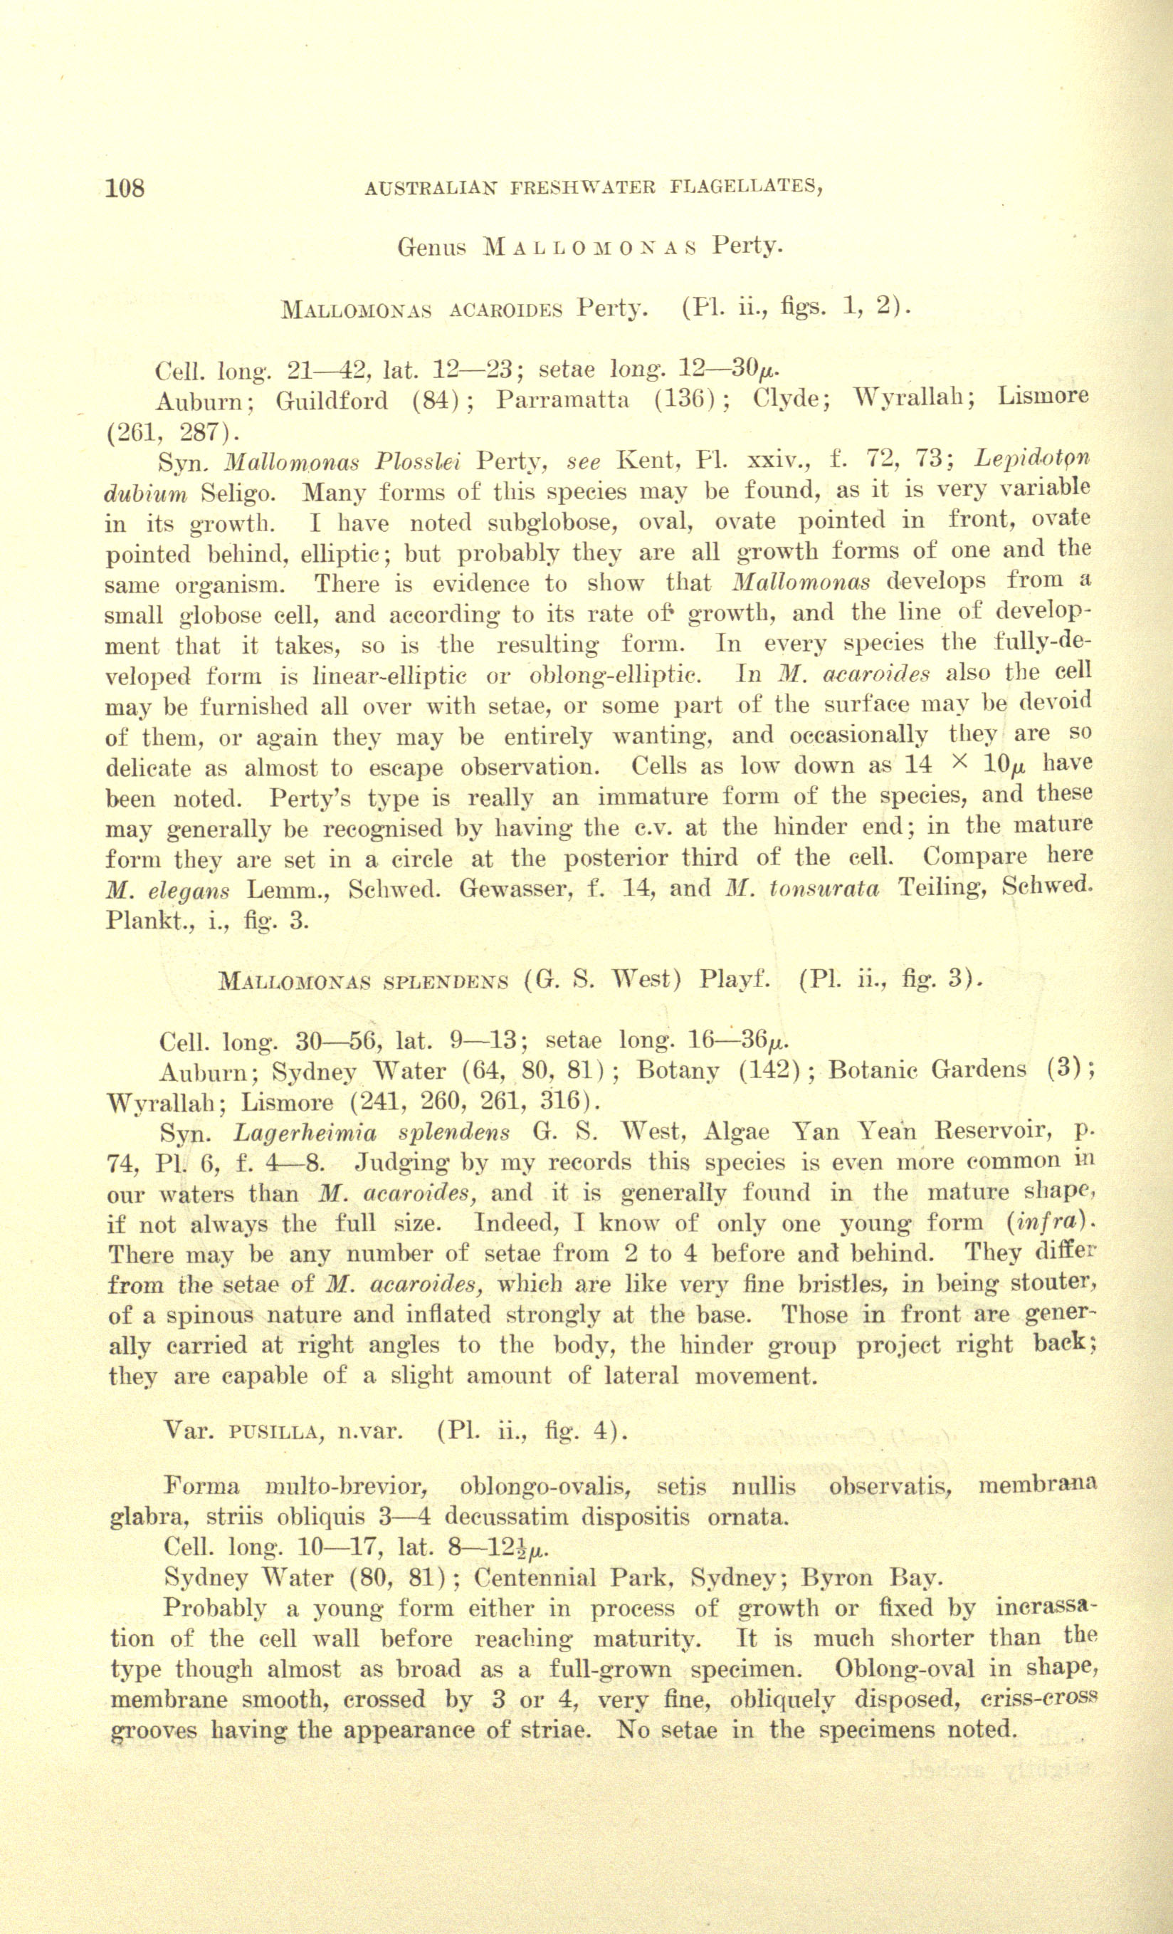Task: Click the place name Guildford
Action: pyautogui.click(x=332, y=401)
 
